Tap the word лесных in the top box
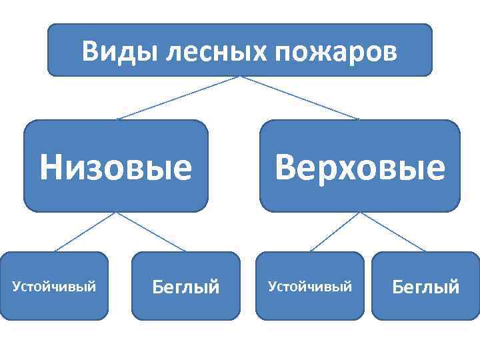point(215,51)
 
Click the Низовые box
point(115,166)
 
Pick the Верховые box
point(359,166)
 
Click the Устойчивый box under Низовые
point(55,286)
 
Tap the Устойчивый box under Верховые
point(309,286)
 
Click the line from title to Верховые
point(300,97)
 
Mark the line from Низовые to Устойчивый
point(85,232)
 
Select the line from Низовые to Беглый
point(151,232)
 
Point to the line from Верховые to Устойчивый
point(335,232)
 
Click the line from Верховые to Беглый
point(393,232)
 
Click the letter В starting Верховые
point(285,167)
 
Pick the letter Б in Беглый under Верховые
point(397,287)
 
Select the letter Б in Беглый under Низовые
point(157,287)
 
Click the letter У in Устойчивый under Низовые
point(17,287)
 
